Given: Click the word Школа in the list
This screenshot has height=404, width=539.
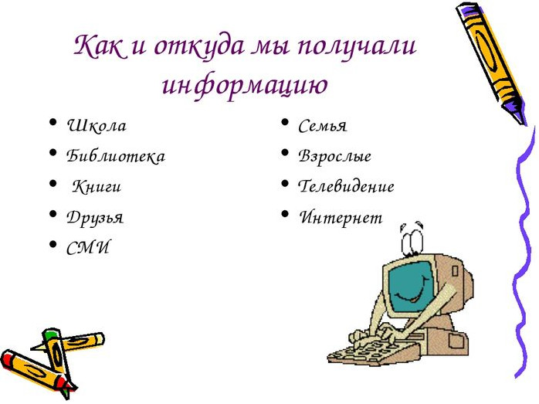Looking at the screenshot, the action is click(x=97, y=125).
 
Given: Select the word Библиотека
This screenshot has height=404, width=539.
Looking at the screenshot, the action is click(x=116, y=156).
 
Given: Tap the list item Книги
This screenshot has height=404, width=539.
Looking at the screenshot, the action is click(x=97, y=186).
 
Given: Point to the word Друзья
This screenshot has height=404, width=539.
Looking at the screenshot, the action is click(x=94, y=217).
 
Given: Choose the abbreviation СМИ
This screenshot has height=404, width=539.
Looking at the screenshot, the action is click(x=88, y=247).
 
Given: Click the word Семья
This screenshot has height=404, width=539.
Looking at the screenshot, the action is click(x=323, y=125).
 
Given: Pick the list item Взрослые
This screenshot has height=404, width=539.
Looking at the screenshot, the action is click(x=334, y=156).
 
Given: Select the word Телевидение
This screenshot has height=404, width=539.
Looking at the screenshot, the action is click(x=346, y=186).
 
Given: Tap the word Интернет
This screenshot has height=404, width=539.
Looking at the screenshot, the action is click(x=341, y=217).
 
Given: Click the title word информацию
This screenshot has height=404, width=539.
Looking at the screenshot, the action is click(x=245, y=84).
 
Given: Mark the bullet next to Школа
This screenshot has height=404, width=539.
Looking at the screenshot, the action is click(x=53, y=122).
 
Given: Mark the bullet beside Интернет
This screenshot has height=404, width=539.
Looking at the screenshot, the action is click(x=285, y=213).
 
